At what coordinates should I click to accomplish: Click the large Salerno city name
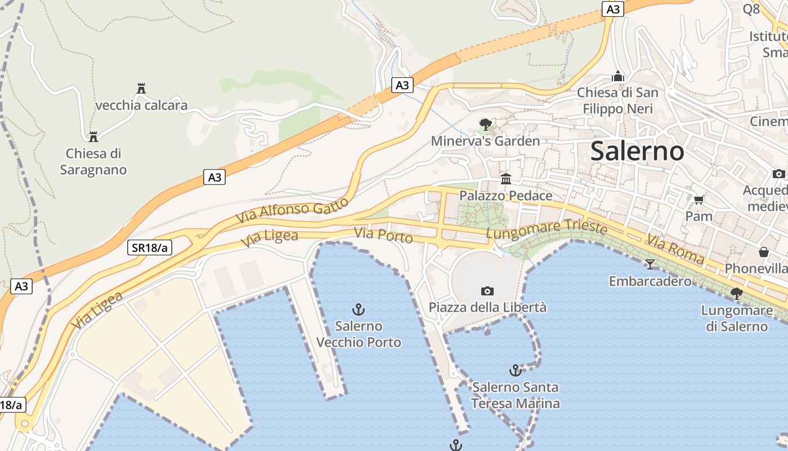tap(637, 151)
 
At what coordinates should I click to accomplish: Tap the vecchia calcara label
tap(141, 105)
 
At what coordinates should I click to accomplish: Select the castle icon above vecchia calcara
tap(141, 89)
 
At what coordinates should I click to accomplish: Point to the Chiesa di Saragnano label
tap(93, 161)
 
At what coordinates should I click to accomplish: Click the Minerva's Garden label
tap(485, 141)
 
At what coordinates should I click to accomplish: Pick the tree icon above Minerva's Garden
tap(485, 124)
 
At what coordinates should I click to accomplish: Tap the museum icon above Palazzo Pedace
tap(506, 179)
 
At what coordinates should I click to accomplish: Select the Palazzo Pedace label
tap(506, 196)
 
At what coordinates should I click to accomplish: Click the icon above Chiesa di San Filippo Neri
tap(618, 76)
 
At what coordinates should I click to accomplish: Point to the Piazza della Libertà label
tap(487, 307)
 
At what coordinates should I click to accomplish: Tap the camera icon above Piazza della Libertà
tap(487, 291)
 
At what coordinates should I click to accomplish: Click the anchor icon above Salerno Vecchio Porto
tap(359, 309)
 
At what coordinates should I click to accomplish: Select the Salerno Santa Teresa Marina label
tap(515, 395)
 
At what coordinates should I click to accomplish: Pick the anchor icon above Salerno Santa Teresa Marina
tap(515, 370)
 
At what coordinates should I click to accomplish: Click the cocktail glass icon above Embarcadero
tap(650, 264)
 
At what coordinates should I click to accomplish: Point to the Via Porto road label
tap(383, 235)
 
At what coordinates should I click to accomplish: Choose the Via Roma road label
tap(675, 249)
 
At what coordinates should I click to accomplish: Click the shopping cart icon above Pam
tap(699, 200)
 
